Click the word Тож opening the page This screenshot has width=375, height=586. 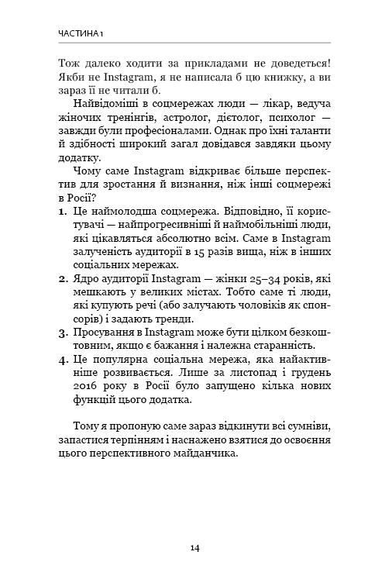70,60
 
